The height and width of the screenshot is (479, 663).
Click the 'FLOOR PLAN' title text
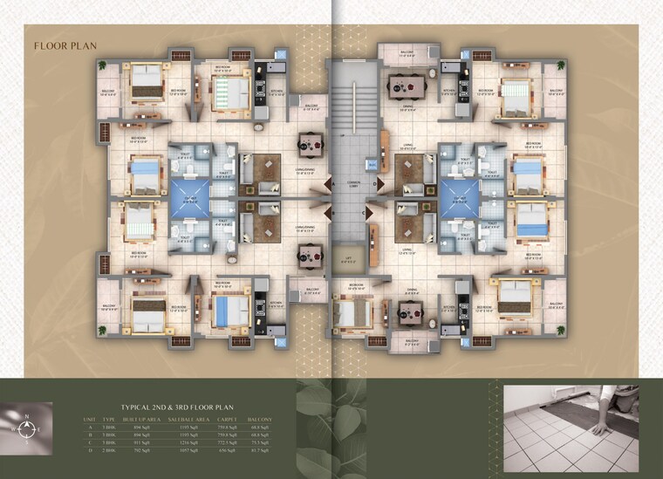[65, 45]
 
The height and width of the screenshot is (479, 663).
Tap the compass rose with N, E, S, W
[28, 428]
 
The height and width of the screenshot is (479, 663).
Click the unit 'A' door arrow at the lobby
[330, 184]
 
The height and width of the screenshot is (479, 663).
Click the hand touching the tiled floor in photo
[601, 427]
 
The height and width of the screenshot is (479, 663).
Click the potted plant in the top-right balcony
[559, 65]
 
